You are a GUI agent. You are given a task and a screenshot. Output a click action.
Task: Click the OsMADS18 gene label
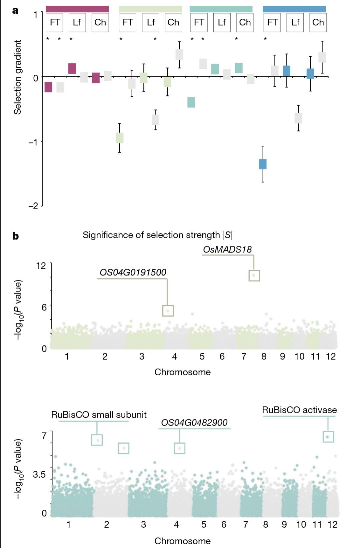pos(227,249)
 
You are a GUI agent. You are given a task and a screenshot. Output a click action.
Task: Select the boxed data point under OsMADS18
pos(254,276)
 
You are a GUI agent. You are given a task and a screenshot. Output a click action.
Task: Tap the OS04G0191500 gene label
pos(133,272)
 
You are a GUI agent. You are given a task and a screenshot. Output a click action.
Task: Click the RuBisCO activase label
pos(299,410)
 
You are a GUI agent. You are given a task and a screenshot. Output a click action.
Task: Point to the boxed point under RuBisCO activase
pos(328,437)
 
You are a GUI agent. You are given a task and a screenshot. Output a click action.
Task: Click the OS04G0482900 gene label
pos(194,423)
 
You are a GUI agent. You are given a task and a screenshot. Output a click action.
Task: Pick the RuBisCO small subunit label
pos(99,415)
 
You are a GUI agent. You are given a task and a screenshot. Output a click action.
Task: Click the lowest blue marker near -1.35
pos(263,164)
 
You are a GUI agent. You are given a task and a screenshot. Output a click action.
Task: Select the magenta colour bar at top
pos(77,9)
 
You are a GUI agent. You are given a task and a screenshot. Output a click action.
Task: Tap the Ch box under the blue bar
pos(318,22)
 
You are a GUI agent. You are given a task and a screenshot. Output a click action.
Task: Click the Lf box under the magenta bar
pos(77,22)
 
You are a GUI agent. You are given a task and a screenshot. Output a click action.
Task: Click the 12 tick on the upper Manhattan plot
pos(41,266)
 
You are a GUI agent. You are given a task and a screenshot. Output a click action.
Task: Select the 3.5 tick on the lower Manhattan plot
pos(39,474)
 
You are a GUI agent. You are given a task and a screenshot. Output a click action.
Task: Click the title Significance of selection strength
pos(157,235)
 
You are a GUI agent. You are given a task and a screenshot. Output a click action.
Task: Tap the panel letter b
pos(15,236)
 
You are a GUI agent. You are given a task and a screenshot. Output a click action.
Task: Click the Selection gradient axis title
pos(17,77)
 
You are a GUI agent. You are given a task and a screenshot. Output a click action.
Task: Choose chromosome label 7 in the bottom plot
pos(245,525)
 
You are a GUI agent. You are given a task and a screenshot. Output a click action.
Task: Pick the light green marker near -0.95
pos(120,138)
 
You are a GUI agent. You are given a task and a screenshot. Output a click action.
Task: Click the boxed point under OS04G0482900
pos(180,448)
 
